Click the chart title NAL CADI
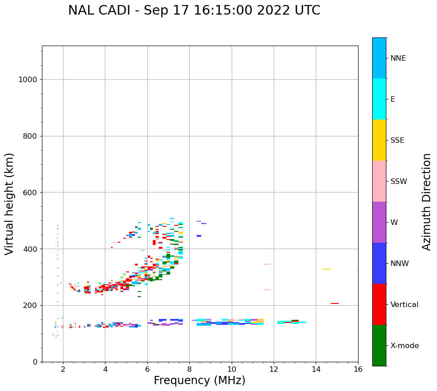coord(194,10)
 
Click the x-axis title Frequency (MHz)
coord(199,381)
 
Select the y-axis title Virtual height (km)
coord(10,204)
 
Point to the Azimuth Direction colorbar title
coord(427,202)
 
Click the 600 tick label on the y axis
coord(30,193)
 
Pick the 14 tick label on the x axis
coord(316,369)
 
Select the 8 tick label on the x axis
coord(190,369)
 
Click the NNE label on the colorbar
coord(398,58)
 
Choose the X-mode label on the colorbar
coord(405,346)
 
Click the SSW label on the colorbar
coord(399,182)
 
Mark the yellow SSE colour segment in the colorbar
coord(379,140)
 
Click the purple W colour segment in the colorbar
coord(379,222)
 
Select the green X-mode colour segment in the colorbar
coord(379,345)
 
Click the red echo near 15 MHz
coord(335,303)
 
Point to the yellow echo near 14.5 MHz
coord(327,269)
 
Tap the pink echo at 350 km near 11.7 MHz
coord(267,264)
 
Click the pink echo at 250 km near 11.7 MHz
coord(267,290)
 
